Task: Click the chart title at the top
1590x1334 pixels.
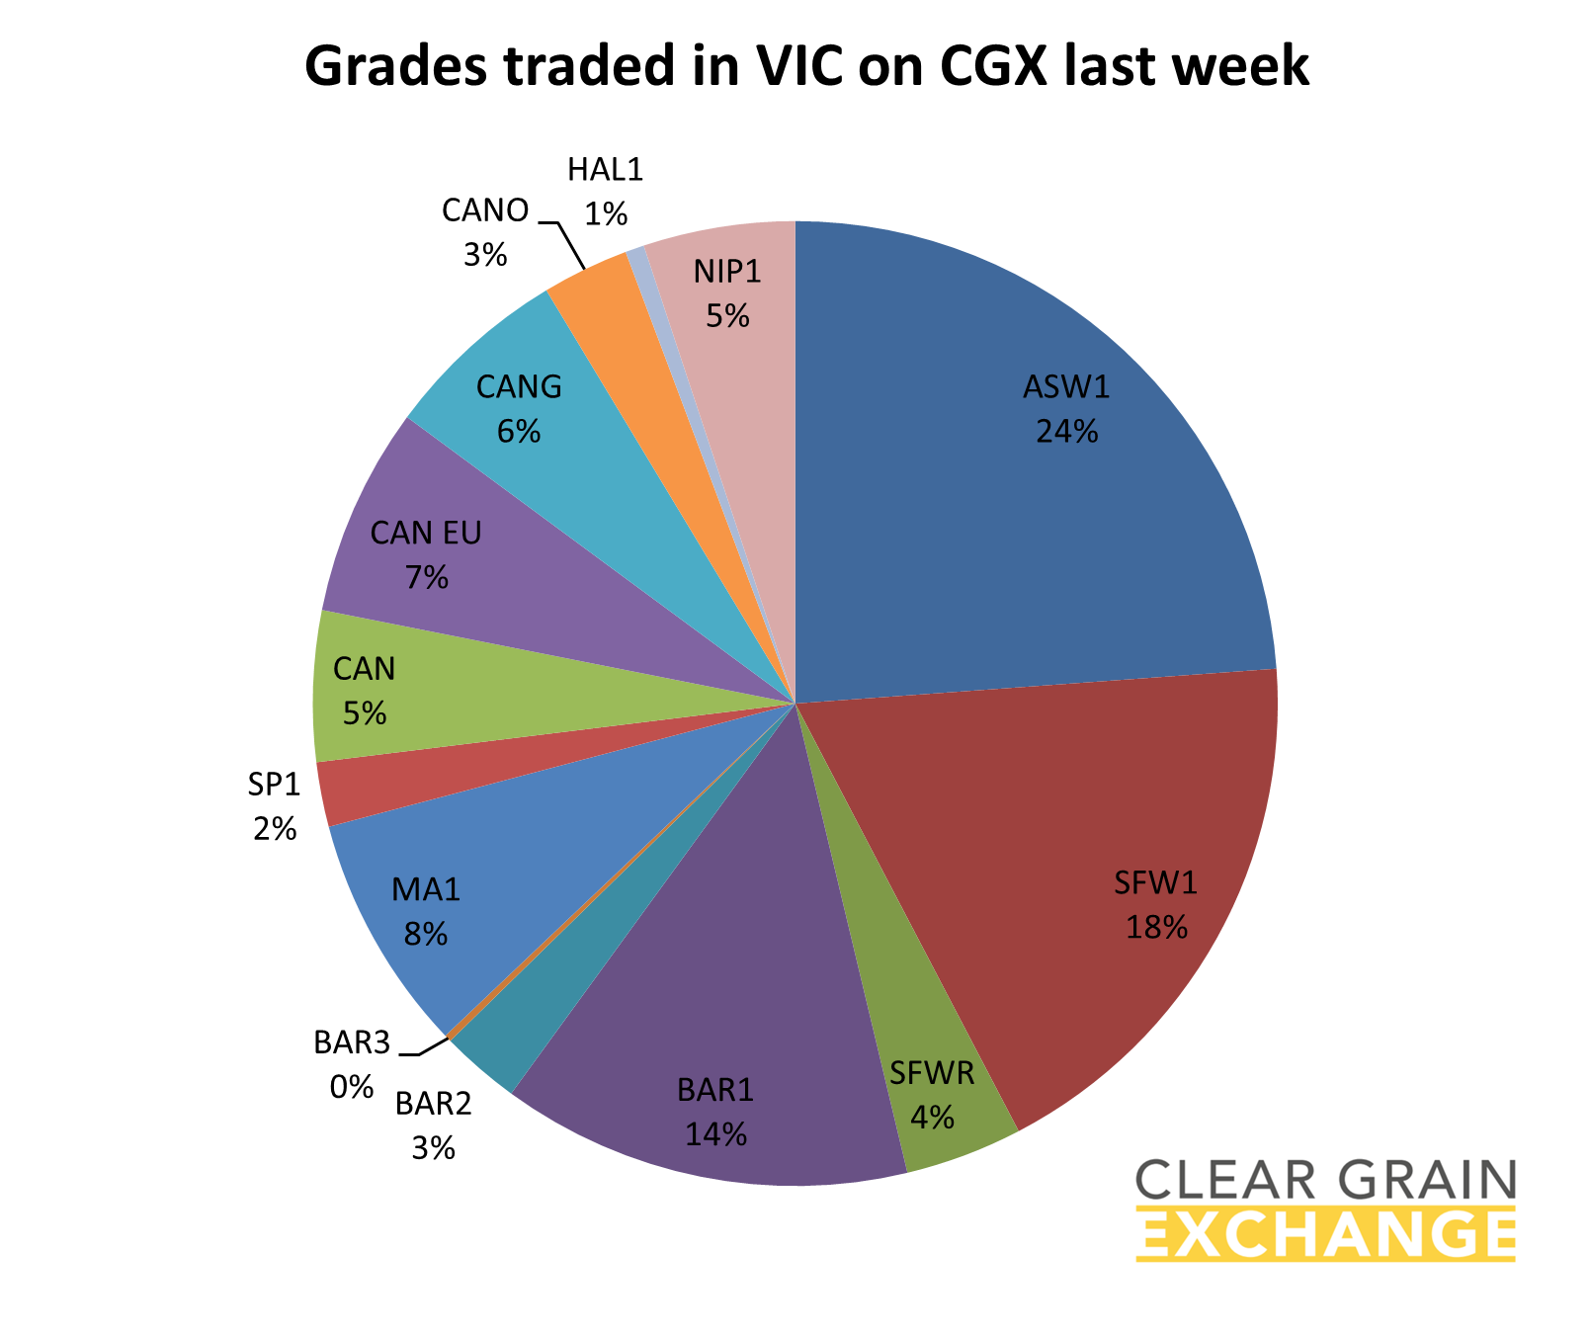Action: coord(806,67)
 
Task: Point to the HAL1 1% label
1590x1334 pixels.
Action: coord(605,192)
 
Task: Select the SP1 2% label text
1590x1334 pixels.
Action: coord(274,806)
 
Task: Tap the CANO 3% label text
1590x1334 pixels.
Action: coord(485,233)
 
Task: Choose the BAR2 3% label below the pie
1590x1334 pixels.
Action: coord(433,1125)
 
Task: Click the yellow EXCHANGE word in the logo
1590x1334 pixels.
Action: coord(1324,1234)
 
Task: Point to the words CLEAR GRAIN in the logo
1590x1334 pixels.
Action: coord(1324,1180)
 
